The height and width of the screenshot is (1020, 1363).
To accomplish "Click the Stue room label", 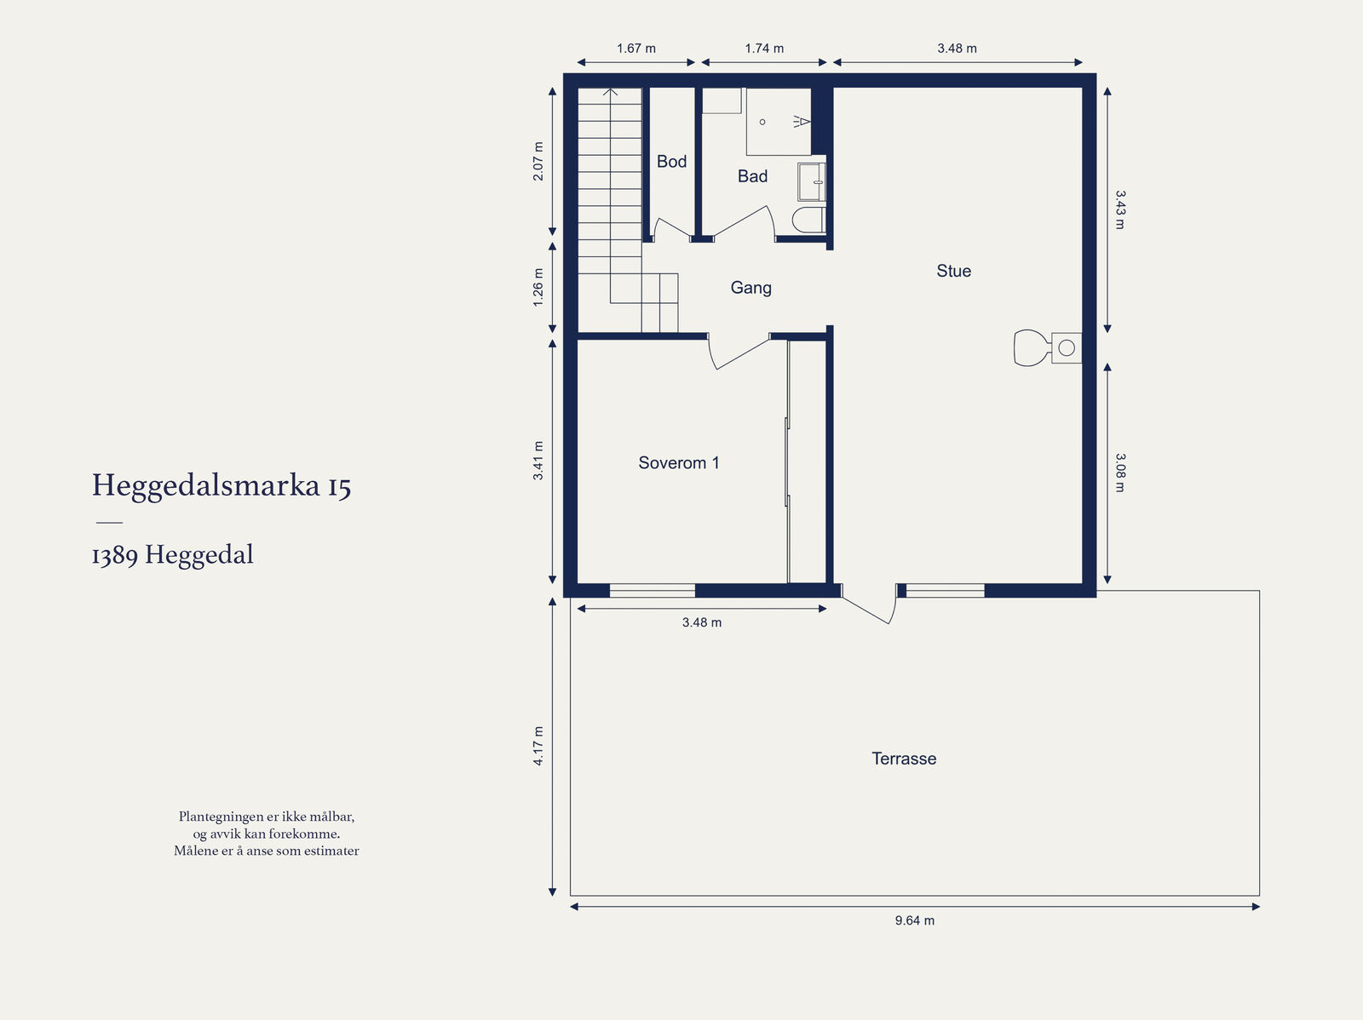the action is click(x=954, y=271).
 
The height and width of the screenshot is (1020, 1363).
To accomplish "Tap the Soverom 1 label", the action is click(x=679, y=463).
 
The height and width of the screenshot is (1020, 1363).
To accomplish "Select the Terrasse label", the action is click(x=904, y=758).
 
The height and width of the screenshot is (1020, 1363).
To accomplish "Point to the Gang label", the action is click(x=751, y=288).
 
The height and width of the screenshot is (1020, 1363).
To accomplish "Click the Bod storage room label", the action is click(x=672, y=161).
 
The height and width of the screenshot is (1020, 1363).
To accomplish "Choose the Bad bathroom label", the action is click(x=752, y=176).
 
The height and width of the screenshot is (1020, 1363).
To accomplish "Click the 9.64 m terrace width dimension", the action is click(x=915, y=920).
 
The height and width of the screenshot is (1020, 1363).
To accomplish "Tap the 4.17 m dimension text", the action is click(x=538, y=746).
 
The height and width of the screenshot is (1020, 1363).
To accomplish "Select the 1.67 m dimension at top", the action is click(x=635, y=49).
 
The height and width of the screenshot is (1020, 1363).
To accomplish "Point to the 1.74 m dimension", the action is click(x=764, y=49).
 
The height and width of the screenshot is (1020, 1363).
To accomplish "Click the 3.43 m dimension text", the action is click(x=1120, y=209).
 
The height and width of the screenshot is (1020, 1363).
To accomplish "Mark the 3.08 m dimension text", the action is click(x=1120, y=473).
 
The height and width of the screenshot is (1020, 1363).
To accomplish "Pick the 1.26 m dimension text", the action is click(x=538, y=287).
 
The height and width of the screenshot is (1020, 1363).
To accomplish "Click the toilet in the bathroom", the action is click(x=808, y=221).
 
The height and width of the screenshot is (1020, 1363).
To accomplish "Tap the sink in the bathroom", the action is click(x=812, y=182).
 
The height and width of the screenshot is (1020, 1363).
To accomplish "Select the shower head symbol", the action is click(x=802, y=122).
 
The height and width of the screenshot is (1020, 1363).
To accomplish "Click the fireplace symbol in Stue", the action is click(x=1048, y=347).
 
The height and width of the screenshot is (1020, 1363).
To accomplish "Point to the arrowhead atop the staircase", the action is click(x=611, y=93).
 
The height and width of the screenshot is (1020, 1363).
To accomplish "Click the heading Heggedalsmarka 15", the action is click(x=221, y=486).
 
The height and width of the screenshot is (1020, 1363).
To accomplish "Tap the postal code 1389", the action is click(x=115, y=556).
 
